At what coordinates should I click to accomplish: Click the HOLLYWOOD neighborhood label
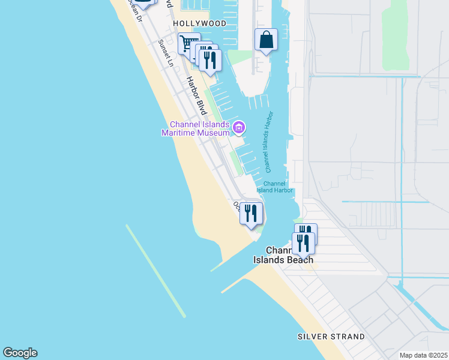[200, 23]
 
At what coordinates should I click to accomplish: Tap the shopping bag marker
[266, 41]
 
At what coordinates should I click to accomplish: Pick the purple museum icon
[239, 127]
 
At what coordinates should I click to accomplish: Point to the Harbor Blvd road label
[196, 95]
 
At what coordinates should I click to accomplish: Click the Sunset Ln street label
[166, 53]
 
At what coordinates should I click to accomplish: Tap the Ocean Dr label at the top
[134, 11]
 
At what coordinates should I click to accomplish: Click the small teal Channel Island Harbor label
[275, 187]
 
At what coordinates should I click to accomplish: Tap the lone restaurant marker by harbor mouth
[251, 214]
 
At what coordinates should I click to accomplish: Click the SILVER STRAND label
[331, 337]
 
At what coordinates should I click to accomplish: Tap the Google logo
[20, 353]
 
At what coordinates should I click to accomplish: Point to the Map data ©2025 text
[423, 355]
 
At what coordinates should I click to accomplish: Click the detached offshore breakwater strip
[155, 271]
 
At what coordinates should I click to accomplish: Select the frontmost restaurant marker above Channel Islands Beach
[303, 243]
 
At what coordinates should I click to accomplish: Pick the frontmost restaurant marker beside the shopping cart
[210, 60]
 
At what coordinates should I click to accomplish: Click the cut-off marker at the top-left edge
[143, 3]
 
